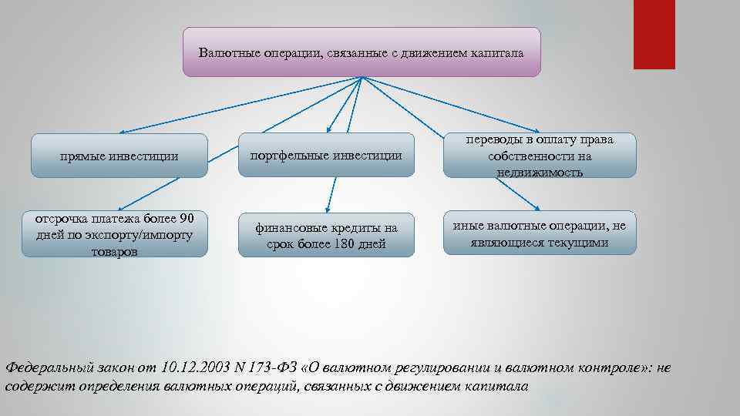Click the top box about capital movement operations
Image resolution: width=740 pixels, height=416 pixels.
tap(362, 52)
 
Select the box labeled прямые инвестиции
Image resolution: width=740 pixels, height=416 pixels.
tap(119, 156)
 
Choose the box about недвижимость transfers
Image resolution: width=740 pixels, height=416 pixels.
tap(540, 156)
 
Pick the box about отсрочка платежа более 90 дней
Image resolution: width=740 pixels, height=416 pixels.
tap(114, 233)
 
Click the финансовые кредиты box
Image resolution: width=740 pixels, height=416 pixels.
tap(327, 235)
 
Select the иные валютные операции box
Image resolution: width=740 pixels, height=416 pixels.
tap(540, 233)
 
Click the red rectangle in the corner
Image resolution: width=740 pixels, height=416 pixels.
tap(654, 34)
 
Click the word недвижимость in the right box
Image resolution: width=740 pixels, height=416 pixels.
tap(540, 172)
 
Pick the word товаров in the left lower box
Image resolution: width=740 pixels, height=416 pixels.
tap(114, 251)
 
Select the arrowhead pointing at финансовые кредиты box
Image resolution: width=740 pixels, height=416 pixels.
tap(328, 209)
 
